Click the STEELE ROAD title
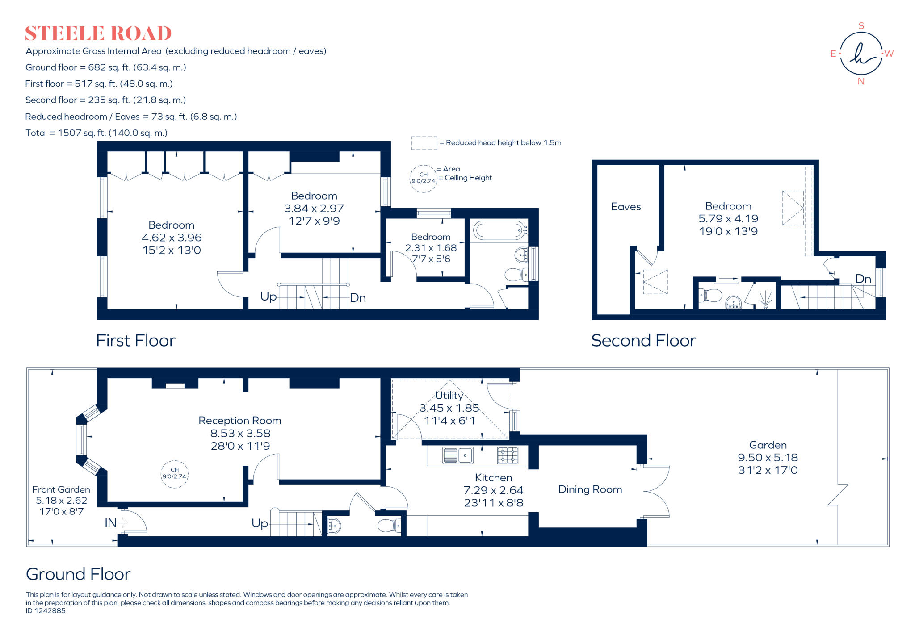click(98, 34)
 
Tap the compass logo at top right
click(861, 54)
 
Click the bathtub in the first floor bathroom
click(499, 230)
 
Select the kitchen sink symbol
click(457, 455)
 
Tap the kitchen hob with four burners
click(508, 455)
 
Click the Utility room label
click(449, 396)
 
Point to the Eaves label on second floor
click(625, 207)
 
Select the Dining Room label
click(590, 489)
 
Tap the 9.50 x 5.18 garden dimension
click(768, 458)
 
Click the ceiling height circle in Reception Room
click(174, 474)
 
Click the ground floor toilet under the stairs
click(389, 526)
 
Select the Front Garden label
click(61, 490)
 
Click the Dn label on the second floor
click(863, 279)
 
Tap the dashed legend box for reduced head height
click(424, 143)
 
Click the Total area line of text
click(97, 133)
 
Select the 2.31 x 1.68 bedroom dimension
click(431, 248)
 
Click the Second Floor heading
click(643, 341)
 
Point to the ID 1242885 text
click(46, 611)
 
